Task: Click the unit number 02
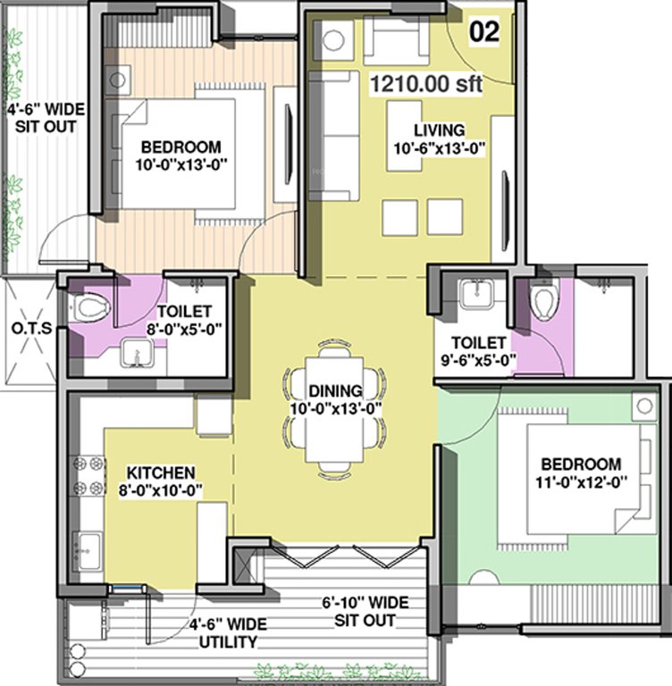[483, 32]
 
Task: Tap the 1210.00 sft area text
[426, 86]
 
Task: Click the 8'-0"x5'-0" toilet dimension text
[184, 329]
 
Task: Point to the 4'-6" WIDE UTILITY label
[223, 633]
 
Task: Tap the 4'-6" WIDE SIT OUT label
[45, 117]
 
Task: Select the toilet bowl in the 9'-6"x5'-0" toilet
[543, 297]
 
